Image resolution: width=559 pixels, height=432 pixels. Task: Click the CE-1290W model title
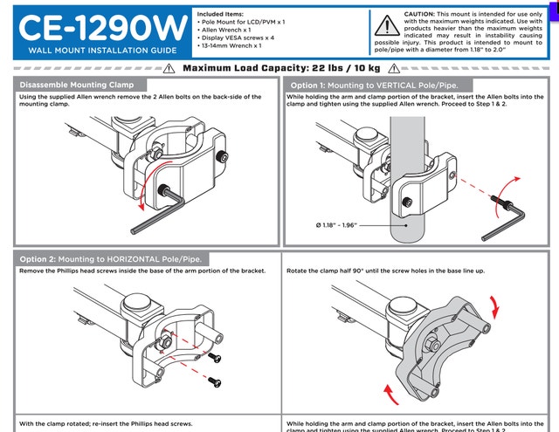98,27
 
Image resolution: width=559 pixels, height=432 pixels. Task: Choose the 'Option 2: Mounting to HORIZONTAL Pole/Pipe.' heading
111,259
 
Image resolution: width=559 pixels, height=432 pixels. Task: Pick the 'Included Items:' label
221,15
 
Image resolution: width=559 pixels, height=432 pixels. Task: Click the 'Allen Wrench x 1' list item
229,29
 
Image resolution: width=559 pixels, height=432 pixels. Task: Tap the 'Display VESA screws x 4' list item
238,37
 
